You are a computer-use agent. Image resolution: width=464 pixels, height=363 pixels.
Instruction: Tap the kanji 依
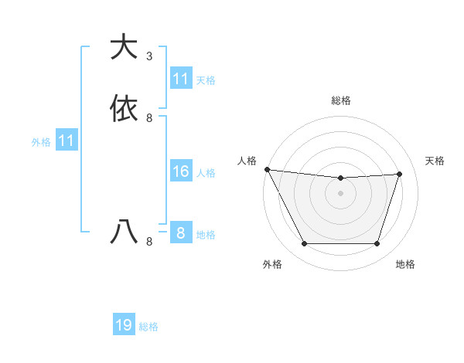click(x=124, y=108)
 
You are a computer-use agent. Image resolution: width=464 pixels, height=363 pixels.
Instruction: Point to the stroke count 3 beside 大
click(x=149, y=56)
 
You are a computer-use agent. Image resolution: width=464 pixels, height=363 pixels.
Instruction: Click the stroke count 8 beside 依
click(x=149, y=118)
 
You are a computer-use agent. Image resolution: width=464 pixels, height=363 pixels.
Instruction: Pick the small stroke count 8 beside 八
click(x=149, y=242)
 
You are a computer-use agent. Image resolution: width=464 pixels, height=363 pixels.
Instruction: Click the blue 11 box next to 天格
click(x=180, y=79)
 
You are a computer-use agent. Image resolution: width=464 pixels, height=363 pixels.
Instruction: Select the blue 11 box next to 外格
click(x=66, y=141)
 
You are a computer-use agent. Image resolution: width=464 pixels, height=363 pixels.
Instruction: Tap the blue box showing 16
click(x=180, y=171)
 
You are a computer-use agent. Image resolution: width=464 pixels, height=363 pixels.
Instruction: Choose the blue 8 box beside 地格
click(x=180, y=233)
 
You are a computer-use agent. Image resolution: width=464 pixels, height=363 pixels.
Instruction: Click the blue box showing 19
click(x=124, y=325)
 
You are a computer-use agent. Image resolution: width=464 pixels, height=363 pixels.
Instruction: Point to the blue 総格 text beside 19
click(x=148, y=327)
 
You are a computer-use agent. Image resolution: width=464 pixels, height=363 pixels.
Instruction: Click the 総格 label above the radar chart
click(x=340, y=100)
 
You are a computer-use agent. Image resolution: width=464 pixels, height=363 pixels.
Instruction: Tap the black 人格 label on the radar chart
click(x=247, y=160)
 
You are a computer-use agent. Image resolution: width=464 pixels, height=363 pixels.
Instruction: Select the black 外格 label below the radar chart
click(x=272, y=264)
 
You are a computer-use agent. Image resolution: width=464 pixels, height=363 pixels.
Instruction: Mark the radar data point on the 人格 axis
click(x=267, y=169)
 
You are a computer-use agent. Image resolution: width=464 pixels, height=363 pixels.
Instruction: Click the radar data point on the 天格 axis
click(x=400, y=174)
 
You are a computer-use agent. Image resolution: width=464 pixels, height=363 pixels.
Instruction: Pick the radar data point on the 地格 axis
click(x=377, y=244)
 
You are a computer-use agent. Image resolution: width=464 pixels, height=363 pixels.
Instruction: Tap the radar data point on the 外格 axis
click(x=304, y=244)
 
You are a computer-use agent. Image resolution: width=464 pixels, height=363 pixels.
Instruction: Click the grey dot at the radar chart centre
click(x=340, y=193)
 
